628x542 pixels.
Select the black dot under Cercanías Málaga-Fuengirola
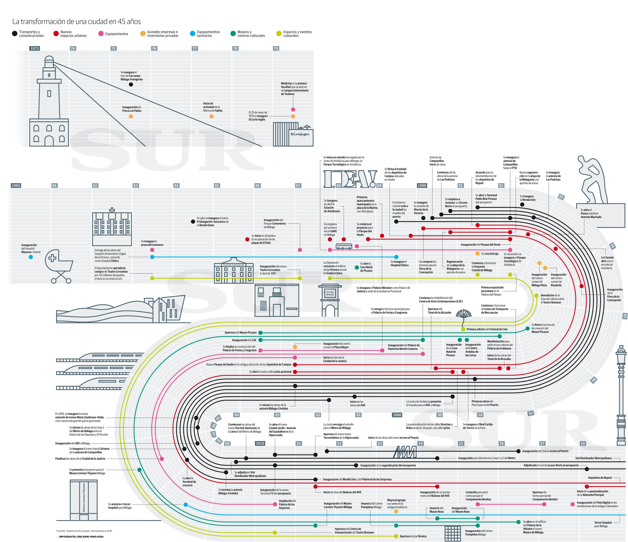point(131,85)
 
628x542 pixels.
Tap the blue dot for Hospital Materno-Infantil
point(31,257)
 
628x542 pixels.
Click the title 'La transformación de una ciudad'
point(76,22)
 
